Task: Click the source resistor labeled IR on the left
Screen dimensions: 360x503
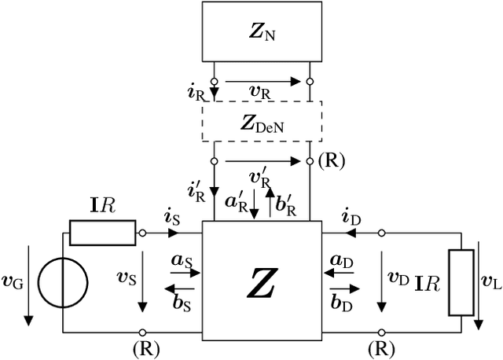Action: pyautogui.click(x=102, y=233)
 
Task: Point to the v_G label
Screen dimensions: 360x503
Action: pyautogui.click(x=13, y=281)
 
